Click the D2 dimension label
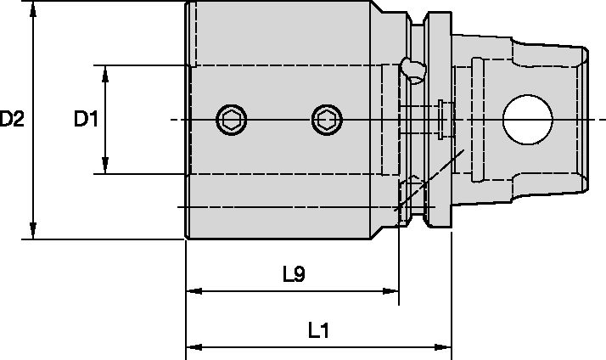coord(12,120)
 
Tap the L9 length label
coord(295,274)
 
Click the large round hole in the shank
coord(527,120)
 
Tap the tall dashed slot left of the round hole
coord(477,120)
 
